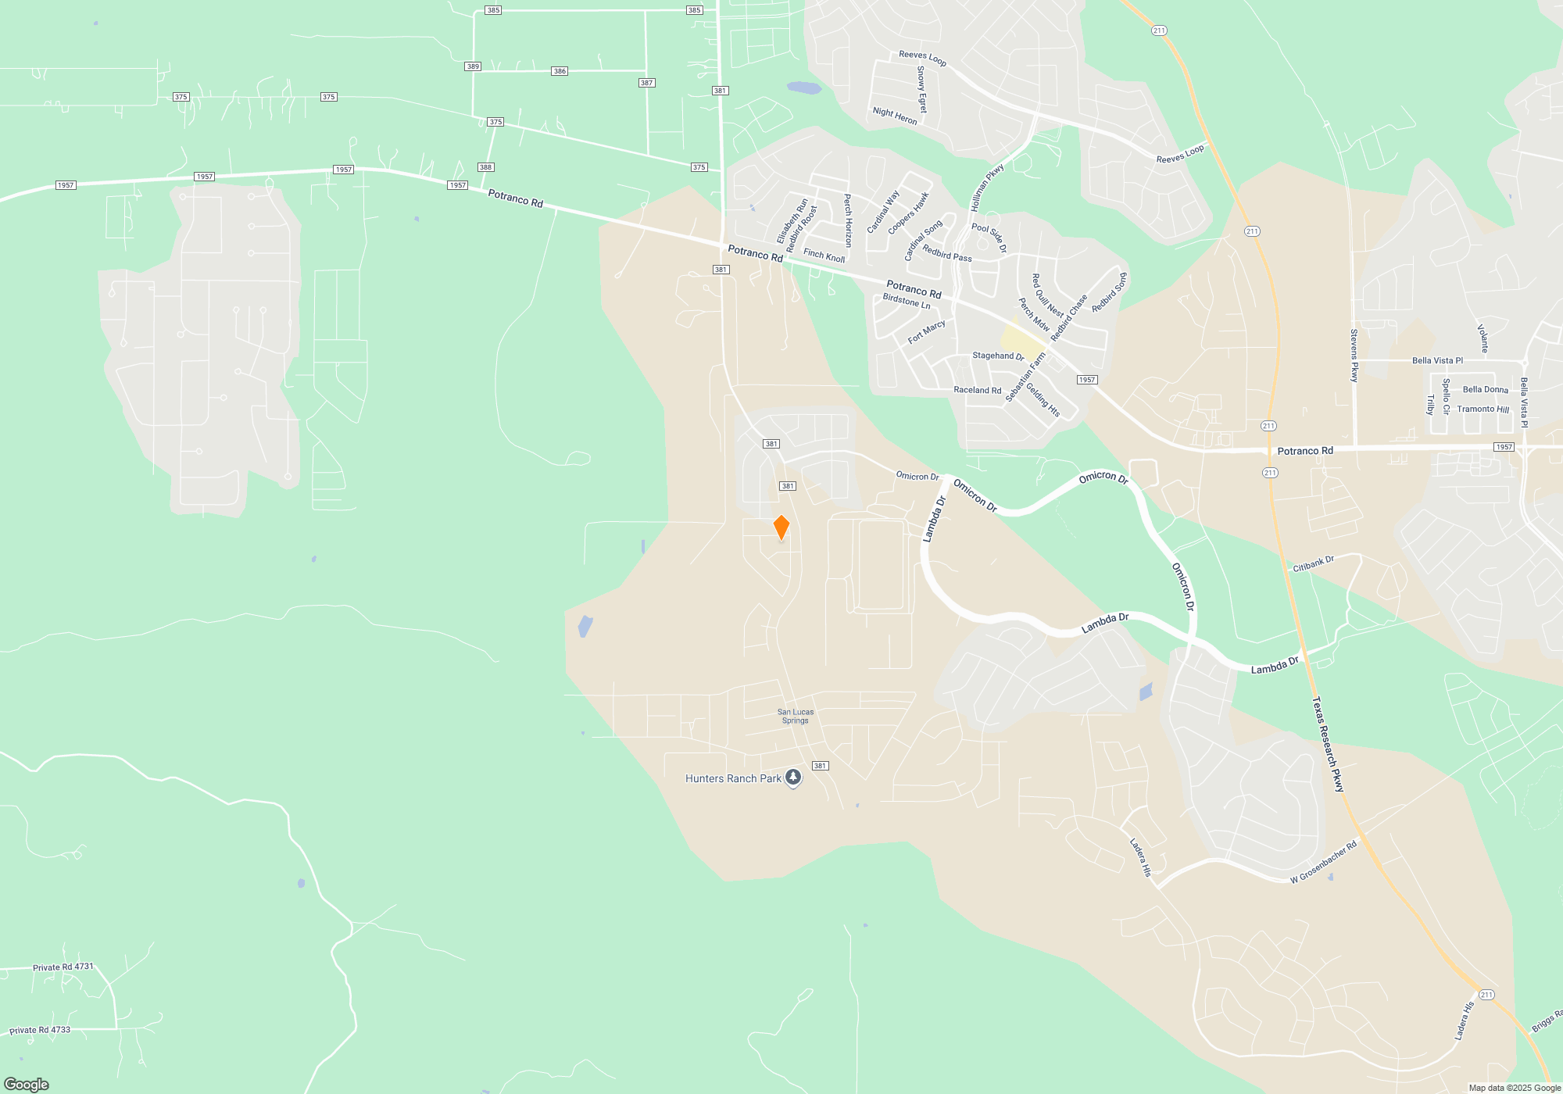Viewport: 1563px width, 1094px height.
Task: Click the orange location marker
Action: [781, 527]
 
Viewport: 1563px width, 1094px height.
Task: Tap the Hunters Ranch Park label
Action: [733, 778]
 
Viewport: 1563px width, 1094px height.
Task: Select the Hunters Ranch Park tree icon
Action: [793, 778]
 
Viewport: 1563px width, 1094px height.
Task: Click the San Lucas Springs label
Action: [796, 716]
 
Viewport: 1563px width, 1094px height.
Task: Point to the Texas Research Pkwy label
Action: [1328, 744]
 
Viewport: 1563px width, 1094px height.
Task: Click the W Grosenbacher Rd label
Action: [1323, 863]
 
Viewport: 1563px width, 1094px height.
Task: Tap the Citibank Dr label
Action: [1313, 563]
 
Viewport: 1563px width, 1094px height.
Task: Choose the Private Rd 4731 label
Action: [63, 967]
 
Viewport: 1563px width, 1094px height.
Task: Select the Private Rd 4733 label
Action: [40, 1030]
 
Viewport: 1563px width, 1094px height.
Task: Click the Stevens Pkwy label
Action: [1354, 356]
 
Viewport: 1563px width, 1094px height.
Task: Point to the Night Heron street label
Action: [895, 116]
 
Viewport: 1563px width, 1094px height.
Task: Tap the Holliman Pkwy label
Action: [987, 188]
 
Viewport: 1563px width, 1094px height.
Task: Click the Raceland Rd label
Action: [977, 390]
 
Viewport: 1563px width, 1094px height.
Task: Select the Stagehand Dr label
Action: [998, 356]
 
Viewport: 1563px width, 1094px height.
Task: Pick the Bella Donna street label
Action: [1485, 389]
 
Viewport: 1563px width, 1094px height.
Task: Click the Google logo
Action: [27, 1084]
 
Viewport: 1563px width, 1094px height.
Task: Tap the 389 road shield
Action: [473, 66]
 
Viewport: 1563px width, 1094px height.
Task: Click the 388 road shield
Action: [485, 167]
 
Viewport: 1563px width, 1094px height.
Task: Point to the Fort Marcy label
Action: [927, 332]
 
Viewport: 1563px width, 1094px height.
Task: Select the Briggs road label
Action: [1546, 1021]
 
